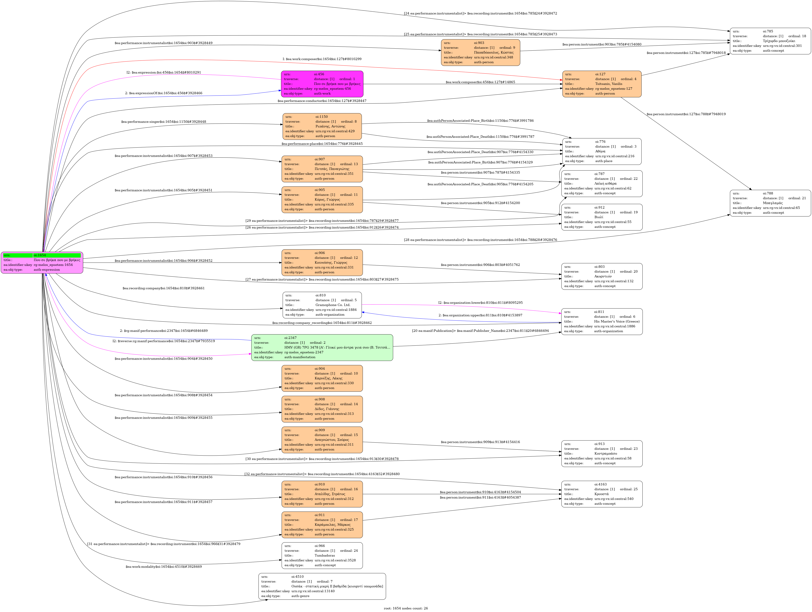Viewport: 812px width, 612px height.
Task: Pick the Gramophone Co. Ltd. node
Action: [x=322, y=305]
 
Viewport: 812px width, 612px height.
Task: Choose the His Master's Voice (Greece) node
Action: [x=602, y=321]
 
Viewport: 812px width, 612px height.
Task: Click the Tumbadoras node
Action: [x=322, y=555]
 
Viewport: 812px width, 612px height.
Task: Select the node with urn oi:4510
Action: [x=322, y=586]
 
